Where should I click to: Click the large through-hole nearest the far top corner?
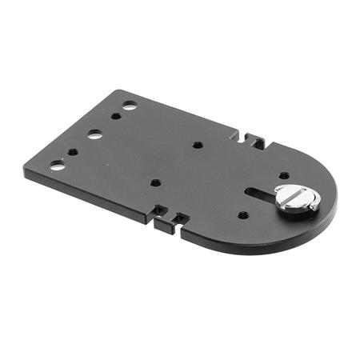130,105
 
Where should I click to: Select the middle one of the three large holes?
95,134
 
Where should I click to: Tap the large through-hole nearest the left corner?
57,166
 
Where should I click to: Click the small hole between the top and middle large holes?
116,117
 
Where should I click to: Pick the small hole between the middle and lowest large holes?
73,151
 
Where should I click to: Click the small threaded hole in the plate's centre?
197,146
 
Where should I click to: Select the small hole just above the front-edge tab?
155,182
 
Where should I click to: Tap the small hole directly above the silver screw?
284,175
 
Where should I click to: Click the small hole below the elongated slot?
243,214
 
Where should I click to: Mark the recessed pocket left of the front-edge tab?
158,211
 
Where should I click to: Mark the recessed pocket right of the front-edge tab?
182,218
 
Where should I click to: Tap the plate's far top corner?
118,90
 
